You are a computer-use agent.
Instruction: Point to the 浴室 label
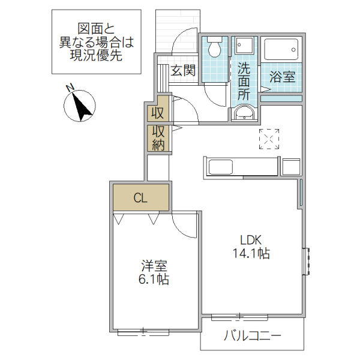click(281, 77)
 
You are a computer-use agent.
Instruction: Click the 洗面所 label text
click(244, 80)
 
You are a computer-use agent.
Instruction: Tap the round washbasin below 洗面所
click(244, 113)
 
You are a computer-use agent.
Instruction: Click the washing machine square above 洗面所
click(245, 46)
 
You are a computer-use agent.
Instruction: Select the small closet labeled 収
click(158, 112)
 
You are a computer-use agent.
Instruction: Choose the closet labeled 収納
click(158, 138)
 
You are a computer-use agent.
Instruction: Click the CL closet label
click(140, 198)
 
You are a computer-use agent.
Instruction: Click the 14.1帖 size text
click(251, 254)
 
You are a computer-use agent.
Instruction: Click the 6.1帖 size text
click(154, 280)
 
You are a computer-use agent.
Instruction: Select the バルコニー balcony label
click(253, 335)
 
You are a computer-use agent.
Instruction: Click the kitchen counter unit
click(241, 167)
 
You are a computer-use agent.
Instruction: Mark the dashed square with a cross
click(269, 139)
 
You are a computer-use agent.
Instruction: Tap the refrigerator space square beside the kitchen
click(290, 167)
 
